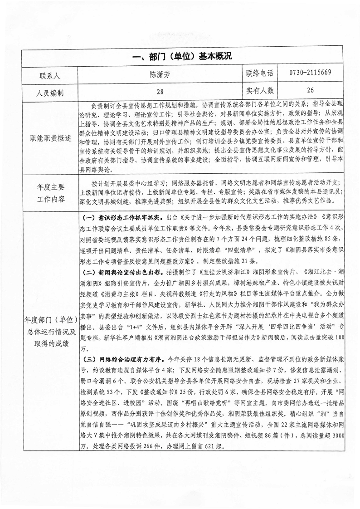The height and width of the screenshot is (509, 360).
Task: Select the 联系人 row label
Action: click(x=50, y=74)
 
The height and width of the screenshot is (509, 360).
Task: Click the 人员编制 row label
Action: click(x=50, y=93)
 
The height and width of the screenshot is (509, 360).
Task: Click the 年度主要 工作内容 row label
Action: click(x=50, y=192)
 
